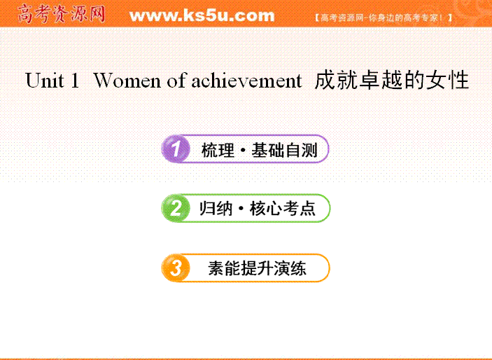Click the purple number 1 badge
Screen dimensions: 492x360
point(176,149)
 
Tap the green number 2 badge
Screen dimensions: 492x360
point(176,208)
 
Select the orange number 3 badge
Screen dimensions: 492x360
point(176,268)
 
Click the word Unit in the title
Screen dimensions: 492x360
point(45,81)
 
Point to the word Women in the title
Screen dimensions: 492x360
point(127,81)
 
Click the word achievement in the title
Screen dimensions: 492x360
point(246,81)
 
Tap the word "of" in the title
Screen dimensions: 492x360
point(177,81)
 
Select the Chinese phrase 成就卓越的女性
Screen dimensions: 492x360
point(392,81)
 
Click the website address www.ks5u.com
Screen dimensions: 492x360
point(202,15)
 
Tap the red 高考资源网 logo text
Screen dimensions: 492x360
point(61,14)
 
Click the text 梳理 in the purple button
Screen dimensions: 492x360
point(218,150)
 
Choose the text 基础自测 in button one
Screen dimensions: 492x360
point(284,150)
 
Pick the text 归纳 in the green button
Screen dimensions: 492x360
point(216,209)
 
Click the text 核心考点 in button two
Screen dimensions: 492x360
point(283,209)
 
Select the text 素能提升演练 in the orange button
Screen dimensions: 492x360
point(257,268)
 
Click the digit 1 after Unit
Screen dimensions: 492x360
point(75,81)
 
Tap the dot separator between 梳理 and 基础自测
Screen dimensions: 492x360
point(243,151)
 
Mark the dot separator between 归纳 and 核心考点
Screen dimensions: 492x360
point(241,209)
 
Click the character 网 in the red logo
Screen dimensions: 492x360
point(97,14)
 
